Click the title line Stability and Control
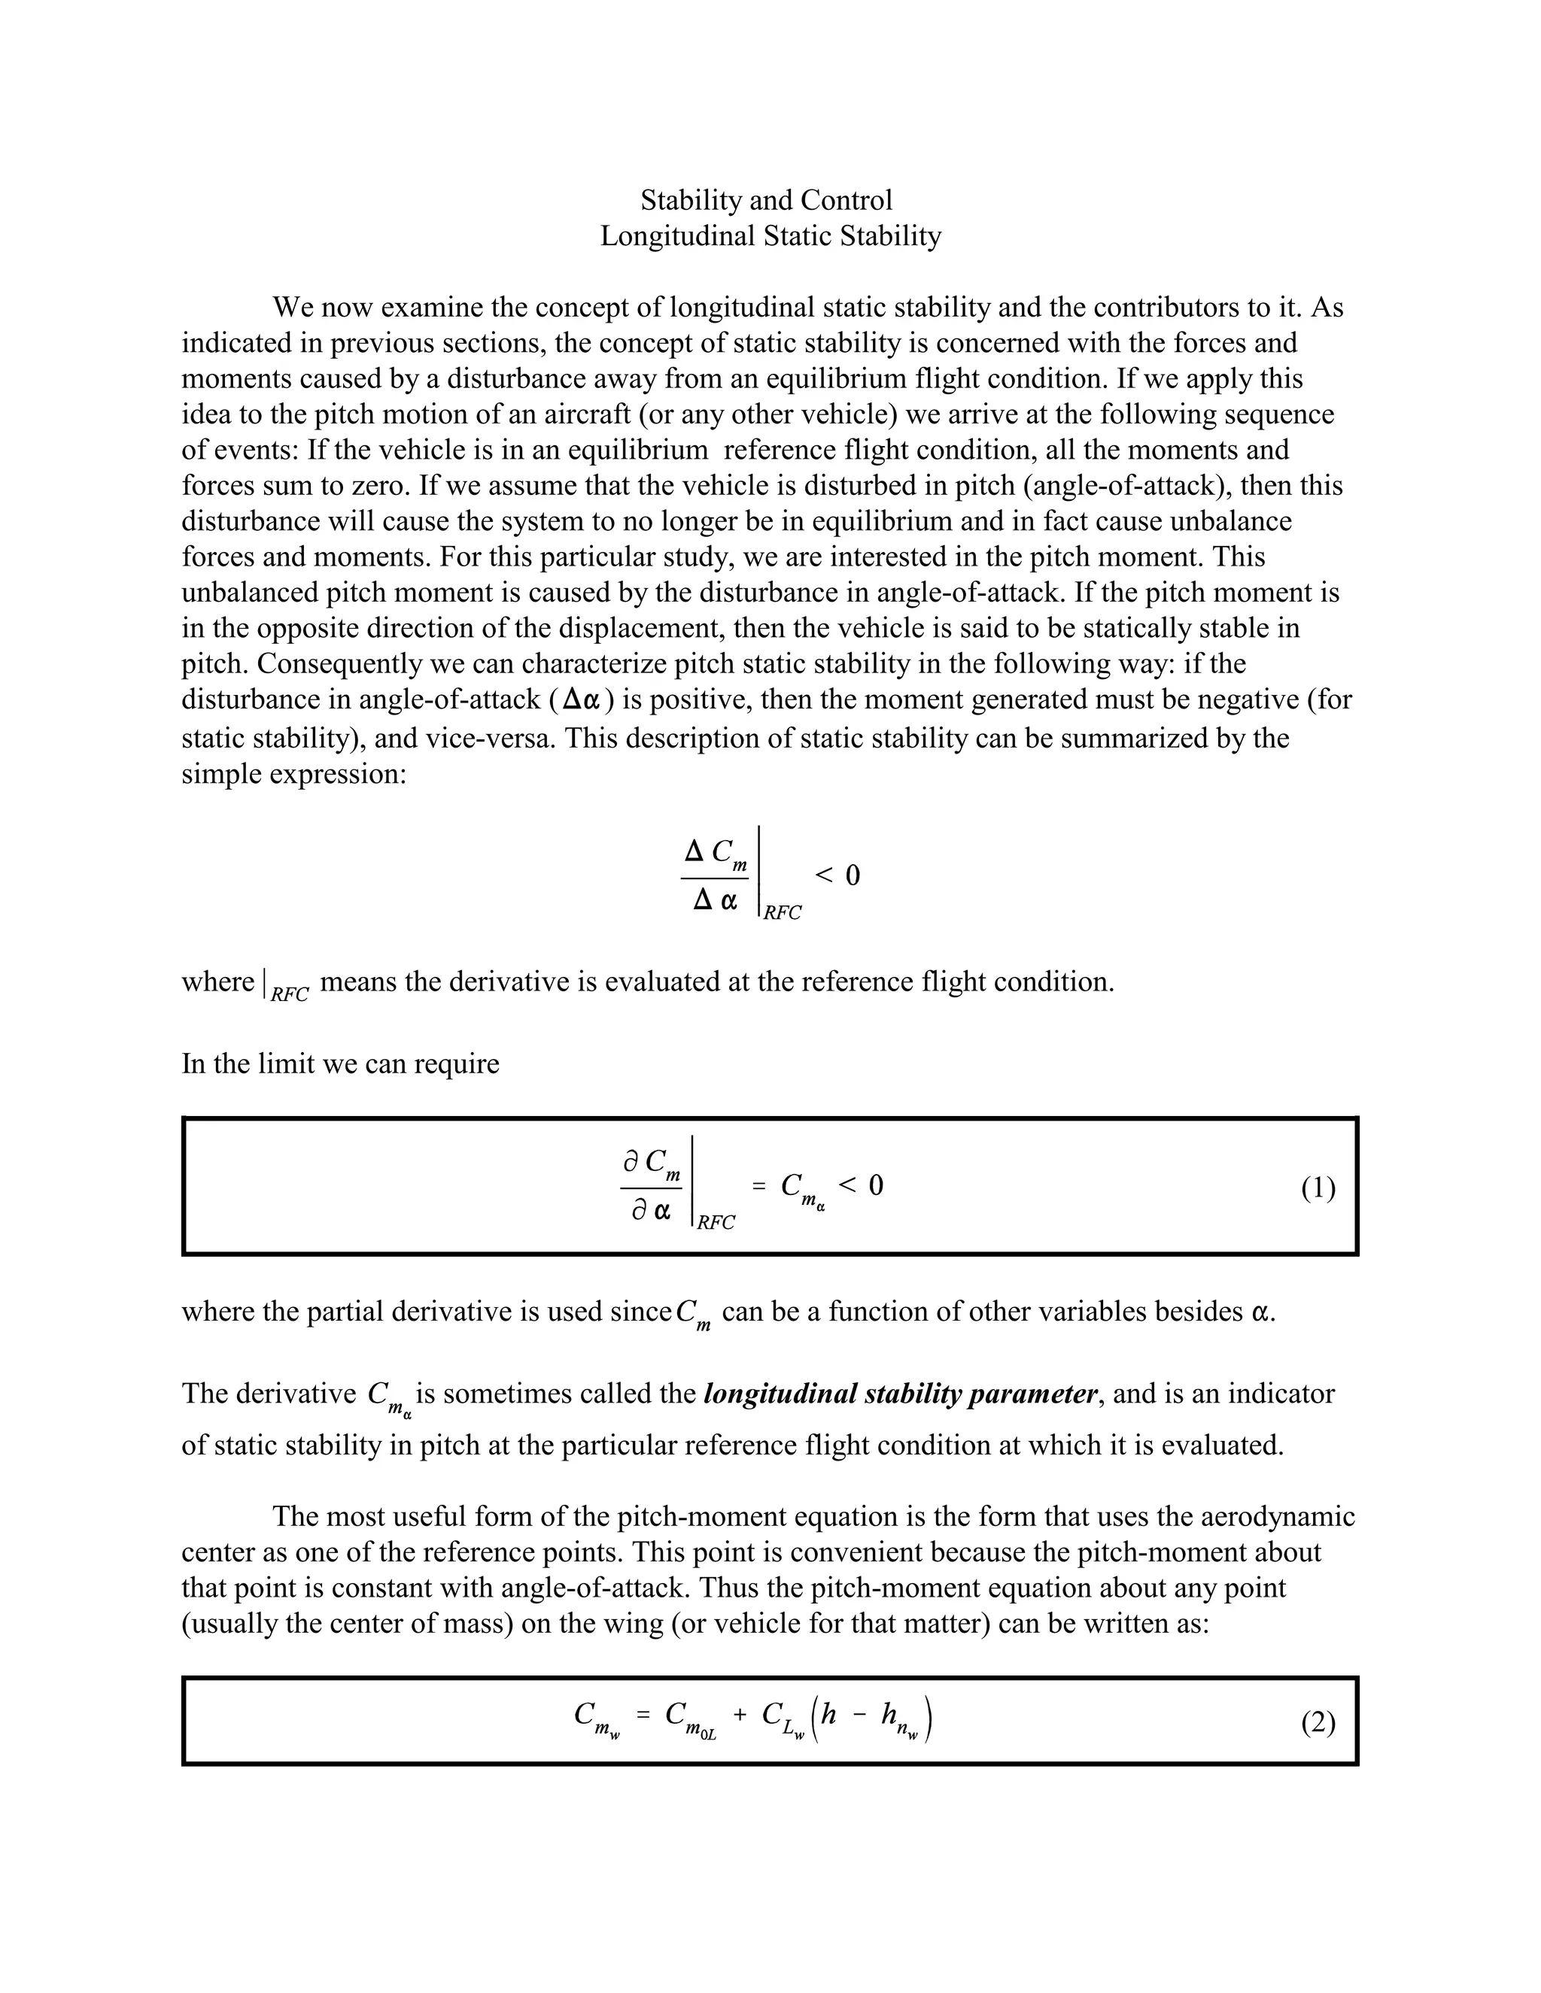766,200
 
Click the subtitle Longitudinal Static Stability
770,236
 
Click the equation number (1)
1318,1188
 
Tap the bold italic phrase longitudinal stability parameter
900,1394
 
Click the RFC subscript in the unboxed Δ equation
783,912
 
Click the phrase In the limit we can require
341,1064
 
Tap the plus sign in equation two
740,1715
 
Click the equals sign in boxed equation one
758,1185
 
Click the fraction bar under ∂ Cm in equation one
652,1188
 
